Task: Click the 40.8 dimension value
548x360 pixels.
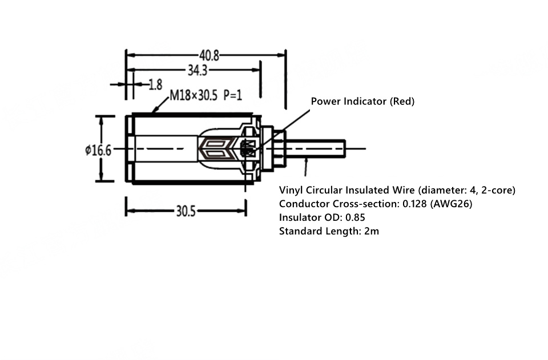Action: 209,55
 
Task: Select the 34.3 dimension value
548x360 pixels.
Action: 198,71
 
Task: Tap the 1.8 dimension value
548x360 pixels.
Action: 155,84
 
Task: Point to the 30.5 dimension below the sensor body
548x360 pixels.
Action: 186,211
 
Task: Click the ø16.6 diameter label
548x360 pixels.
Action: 98,151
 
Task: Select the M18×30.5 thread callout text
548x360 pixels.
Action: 194,95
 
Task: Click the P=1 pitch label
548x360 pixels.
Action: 233,95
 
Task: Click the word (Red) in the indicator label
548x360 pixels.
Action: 402,101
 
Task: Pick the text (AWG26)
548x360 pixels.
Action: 451,204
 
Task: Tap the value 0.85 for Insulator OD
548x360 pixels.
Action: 355,217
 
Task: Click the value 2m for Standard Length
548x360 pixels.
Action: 372,231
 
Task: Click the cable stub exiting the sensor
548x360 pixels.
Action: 316,149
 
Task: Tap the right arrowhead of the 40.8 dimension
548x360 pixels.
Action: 281,55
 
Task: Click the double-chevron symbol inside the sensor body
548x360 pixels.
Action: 216,149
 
